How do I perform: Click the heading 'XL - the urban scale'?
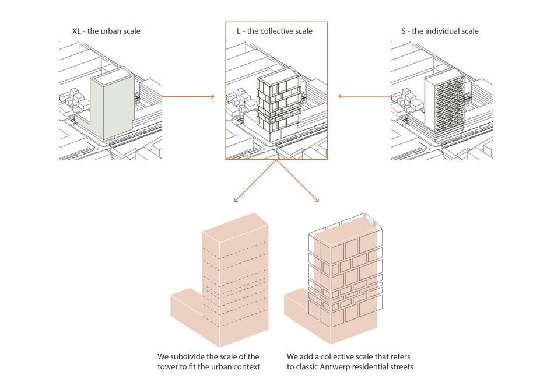coord(106,31)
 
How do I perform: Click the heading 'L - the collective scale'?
coord(274,31)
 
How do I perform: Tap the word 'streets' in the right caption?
coord(400,367)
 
